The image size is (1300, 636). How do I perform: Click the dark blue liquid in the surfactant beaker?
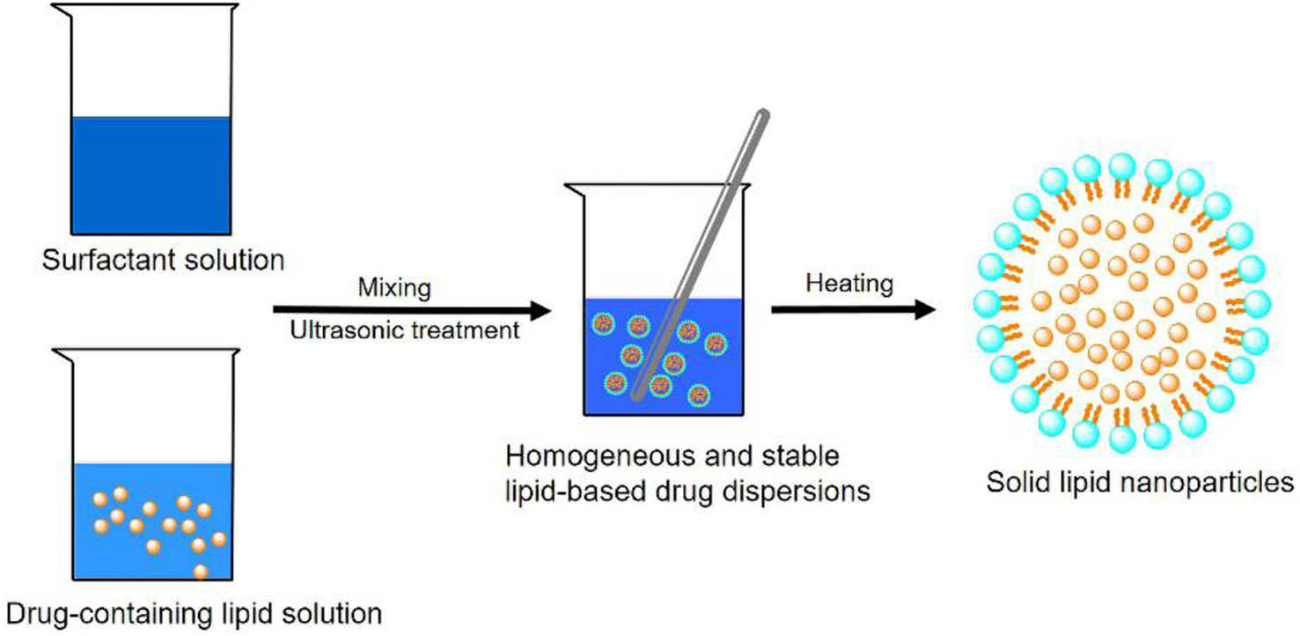tap(151, 176)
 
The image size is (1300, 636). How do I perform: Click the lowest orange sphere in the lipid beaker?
tap(201, 572)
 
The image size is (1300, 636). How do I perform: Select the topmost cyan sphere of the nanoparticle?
tap(1122, 165)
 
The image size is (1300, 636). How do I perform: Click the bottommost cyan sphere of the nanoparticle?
tap(1121, 438)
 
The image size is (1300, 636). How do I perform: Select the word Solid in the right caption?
tap(1010, 484)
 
